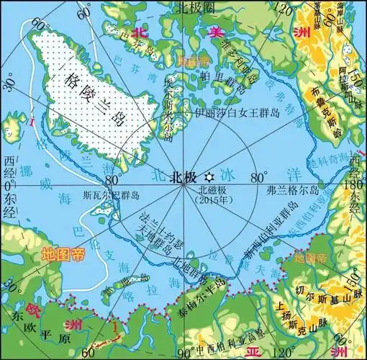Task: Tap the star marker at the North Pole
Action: tap(209, 176)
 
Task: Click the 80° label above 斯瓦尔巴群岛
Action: tap(114, 179)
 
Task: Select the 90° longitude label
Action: tap(186, 353)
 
